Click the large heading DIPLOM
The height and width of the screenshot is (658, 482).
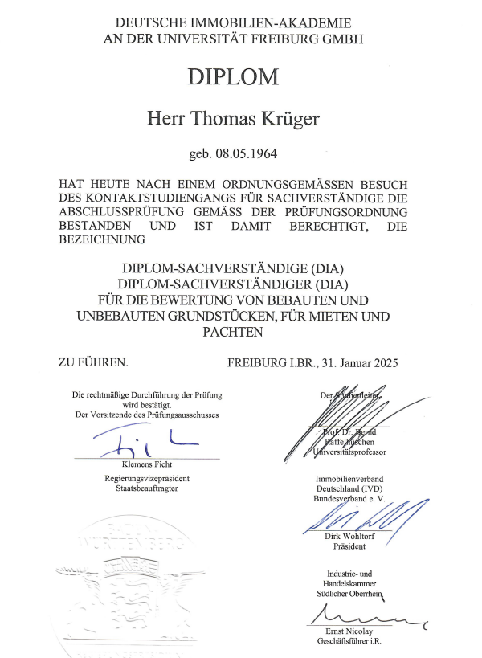[233, 77]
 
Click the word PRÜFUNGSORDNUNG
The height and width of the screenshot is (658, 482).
[350, 211]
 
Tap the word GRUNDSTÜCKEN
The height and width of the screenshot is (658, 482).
[190, 317]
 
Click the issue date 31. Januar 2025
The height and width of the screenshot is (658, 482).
[359, 362]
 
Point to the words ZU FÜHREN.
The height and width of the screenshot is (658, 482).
[93, 362]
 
